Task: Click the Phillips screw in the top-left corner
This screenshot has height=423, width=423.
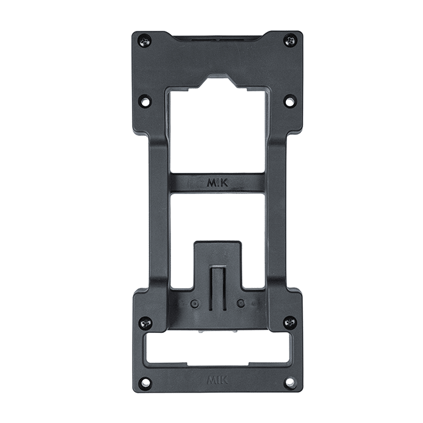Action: (x=145, y=42)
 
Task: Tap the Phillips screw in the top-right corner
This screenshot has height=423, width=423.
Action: (x=290, y=41)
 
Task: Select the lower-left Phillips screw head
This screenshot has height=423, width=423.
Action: (x=146, y=322)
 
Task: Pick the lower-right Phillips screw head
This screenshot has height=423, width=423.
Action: (x=290, y=321)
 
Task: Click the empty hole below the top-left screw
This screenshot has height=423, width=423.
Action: (x=145, y=102)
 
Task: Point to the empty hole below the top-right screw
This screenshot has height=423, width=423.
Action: (x=290, y=101)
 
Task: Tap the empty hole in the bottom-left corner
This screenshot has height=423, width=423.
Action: (x=145, y=383)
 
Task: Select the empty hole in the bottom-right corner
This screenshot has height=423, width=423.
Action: (x=290, y=381)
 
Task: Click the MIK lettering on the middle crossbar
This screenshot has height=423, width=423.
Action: (x=218, y=183)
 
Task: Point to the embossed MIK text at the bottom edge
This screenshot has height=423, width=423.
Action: (x=218, y=381)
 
